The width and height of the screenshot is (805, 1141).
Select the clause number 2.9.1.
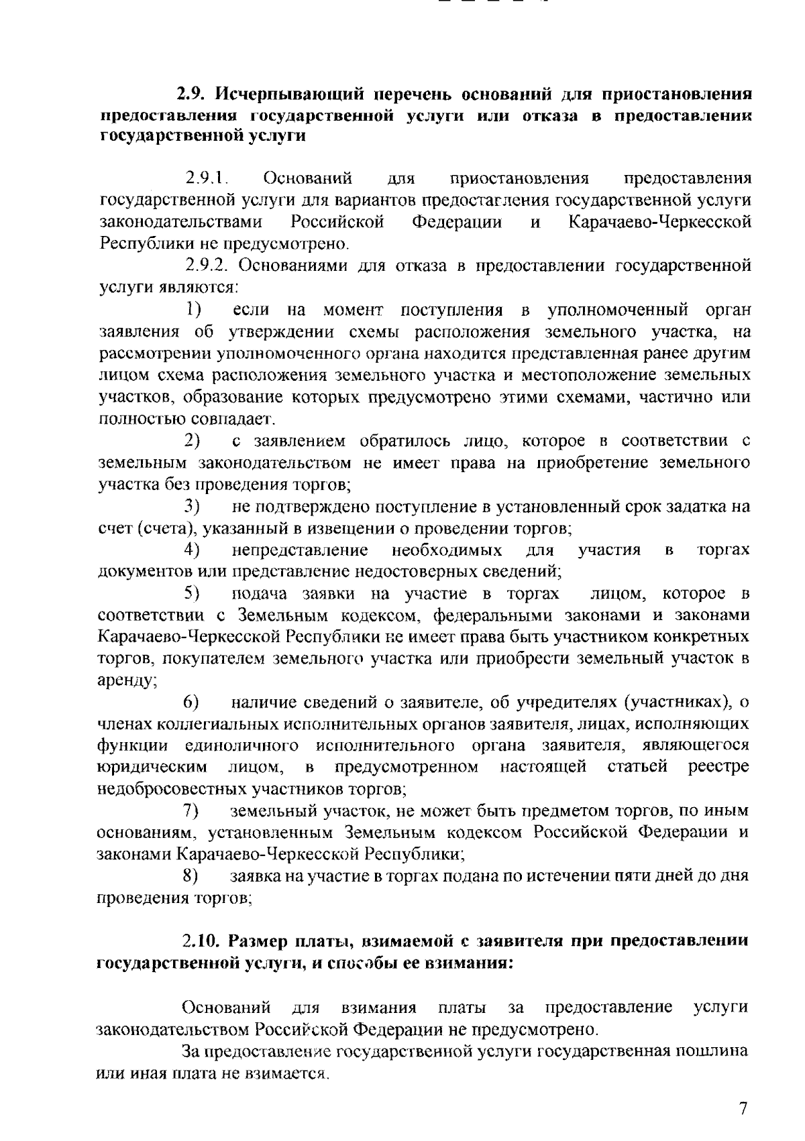(207, 179)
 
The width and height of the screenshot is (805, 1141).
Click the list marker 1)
(195, 310)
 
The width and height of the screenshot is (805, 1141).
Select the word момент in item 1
(352, 310)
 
